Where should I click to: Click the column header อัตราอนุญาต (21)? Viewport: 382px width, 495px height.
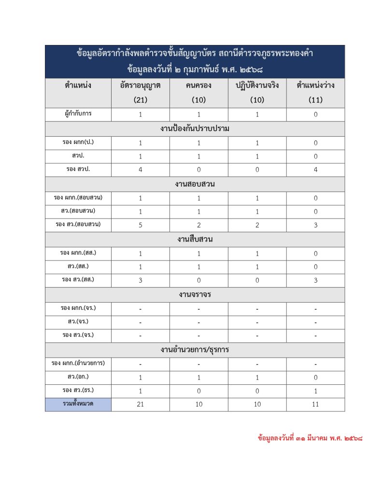tap(140, 93)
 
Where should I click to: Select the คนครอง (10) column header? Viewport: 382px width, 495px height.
tap(198, 93)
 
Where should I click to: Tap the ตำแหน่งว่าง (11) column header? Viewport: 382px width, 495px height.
tap(315, 93)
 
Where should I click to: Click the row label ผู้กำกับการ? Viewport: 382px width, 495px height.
tap(78, 115)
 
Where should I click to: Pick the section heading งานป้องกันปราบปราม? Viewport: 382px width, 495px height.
tap(195, 129)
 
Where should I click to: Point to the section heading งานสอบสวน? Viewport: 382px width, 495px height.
tap(195, 184)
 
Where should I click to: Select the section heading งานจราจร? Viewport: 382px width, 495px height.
tap(195, 294)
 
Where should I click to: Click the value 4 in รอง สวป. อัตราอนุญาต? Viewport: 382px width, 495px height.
tap(140, 170)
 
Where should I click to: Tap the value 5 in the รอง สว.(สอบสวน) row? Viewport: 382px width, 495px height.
tap(140, 225)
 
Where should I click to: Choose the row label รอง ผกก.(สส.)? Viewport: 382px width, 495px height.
tap(78, 253)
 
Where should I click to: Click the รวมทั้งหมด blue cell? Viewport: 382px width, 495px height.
tap(78, 404)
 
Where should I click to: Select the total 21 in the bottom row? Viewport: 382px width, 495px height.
tap(140, 405)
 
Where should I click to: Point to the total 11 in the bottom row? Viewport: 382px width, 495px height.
tap(315, 405)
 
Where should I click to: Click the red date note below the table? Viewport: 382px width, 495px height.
tap(310, 439)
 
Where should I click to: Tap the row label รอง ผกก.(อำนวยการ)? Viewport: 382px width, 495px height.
tap(78, 363)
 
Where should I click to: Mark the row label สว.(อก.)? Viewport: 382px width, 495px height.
tap(78, 377)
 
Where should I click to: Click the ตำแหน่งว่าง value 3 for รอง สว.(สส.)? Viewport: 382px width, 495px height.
tap(315, 280)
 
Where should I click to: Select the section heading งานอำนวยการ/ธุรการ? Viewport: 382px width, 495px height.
tap(195, 349)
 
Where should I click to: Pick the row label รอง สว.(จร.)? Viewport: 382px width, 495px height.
tap(78, 335)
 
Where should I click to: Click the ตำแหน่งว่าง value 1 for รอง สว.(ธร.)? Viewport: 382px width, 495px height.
tap(315, 391)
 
